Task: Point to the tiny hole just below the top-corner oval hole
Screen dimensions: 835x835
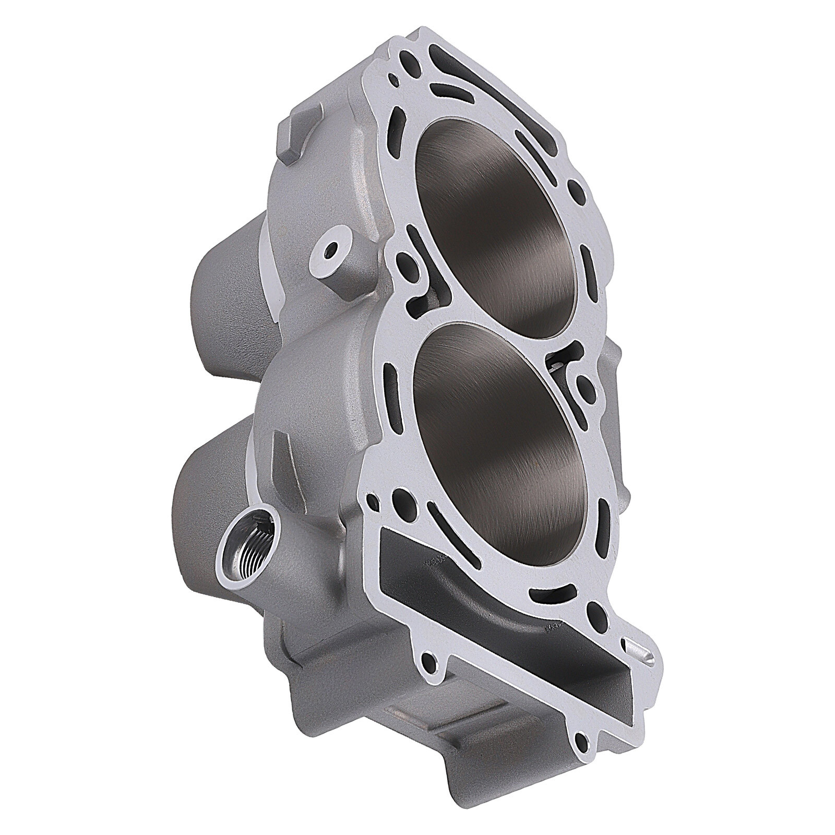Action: [397, 80]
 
